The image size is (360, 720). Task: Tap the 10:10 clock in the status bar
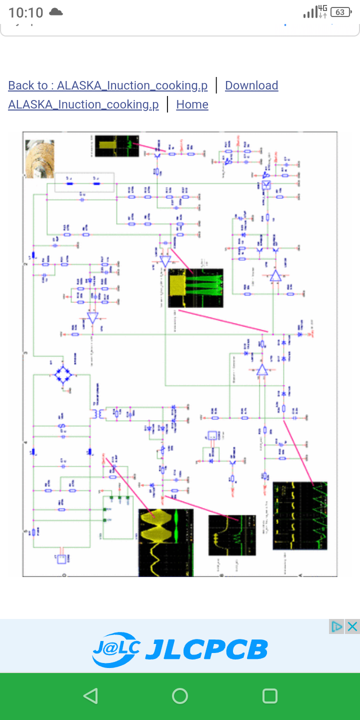click(x=25, y=12)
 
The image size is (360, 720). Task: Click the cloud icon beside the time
click(x=55, y=11)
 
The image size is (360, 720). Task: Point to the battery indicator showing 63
click(x=340, y=12)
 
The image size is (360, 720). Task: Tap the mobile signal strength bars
click(x=309, y=12)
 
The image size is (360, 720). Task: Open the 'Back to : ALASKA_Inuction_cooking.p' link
click(x=107, y=85)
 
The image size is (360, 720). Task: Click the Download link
click(x=251, y=85)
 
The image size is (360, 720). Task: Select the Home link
click(x=192, y=104)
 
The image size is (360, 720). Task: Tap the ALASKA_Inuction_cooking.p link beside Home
click(x=83, y=104)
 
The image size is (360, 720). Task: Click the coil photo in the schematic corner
click(x=39, y=158)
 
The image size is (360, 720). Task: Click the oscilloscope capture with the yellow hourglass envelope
click(x=165, y=542)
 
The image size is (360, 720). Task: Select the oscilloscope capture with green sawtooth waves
click(x=300, y=515)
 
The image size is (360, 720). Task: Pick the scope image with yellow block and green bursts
click(x=195, y=288)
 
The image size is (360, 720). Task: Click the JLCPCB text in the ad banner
click(x=206, y=649)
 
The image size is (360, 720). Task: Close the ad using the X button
click(x=352, y=626)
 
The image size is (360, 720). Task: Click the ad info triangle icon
click(x=337, y=626)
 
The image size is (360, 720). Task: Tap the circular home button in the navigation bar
click(x=180, y=696)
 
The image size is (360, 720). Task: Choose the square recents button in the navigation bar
click(x=269, y=696)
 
